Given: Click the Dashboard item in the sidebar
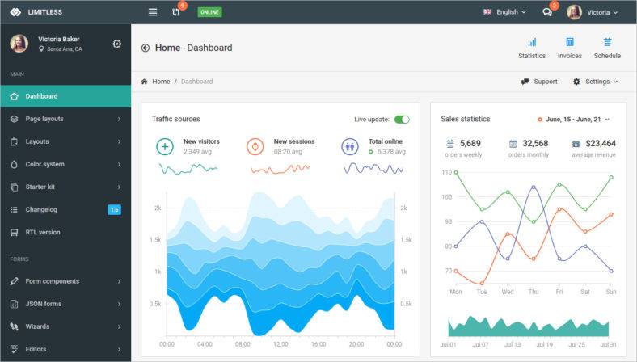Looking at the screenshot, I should (41, 96).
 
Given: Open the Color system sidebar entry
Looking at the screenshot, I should (44, 164).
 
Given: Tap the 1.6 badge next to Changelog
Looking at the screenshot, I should (114, 210).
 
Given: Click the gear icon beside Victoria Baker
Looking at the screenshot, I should (116, 44).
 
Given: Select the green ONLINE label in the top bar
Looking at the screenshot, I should (209, 12).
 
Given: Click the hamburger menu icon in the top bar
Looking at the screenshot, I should (153, 12).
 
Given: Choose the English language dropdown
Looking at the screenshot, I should (505, 12).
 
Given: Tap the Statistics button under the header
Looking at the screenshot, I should (532, 48).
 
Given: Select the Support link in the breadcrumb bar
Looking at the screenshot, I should (539, 82).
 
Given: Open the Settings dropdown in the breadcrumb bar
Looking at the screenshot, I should (596, 82).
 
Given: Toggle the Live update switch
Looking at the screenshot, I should (402, 120).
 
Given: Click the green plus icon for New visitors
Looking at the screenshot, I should (165, 146).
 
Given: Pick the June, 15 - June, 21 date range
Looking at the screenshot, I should (574, 120).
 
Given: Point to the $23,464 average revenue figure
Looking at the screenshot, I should (601, 144).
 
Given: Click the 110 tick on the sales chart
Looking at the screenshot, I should (446, 172).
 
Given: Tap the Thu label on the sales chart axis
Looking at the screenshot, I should (534, 292).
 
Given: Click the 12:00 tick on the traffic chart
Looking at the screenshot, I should (281, 343).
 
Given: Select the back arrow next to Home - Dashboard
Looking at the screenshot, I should (146, 48).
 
